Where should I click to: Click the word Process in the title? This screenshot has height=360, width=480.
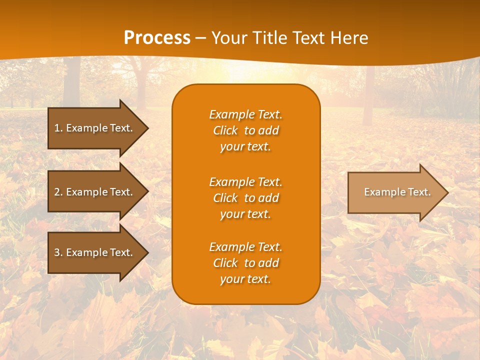[157, 38]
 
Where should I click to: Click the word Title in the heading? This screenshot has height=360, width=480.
[269, 38]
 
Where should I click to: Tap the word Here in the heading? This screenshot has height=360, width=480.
[348, 38]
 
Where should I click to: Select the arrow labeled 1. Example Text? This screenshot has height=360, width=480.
[95, 128]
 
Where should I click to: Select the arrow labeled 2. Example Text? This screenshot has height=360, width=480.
[95, 192]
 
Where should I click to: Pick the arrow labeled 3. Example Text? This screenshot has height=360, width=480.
[95, 252]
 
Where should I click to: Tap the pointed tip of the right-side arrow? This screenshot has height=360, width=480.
[446, 192]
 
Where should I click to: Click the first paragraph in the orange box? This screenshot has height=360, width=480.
[245, 130]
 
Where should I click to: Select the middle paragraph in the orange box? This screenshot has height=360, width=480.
[245, 198]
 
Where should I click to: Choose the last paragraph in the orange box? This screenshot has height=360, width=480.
[245, 263]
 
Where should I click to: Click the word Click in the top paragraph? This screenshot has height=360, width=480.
[225, 130]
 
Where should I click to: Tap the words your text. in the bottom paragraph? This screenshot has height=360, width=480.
[245, 279]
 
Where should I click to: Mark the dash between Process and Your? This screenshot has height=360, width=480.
[201, 38]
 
